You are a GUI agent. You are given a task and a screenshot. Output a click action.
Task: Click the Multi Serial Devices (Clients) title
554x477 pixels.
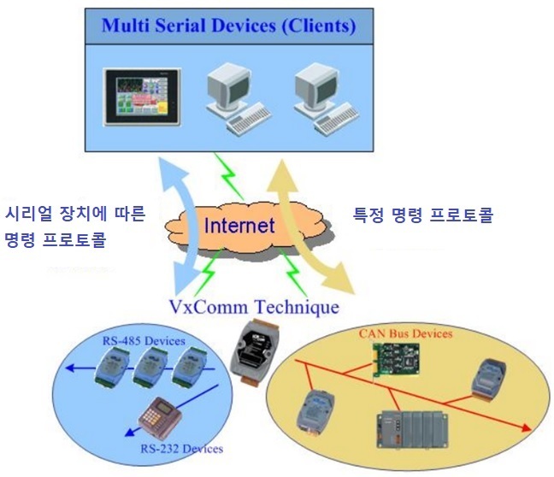click(x=228, y=26)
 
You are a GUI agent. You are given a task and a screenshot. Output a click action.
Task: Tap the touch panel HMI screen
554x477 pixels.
click(x=142, y=97)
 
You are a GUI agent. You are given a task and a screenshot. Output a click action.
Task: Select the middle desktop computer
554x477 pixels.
click(x=239, y=98)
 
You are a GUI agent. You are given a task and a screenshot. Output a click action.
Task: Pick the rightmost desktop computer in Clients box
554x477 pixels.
click(x=326, y=98)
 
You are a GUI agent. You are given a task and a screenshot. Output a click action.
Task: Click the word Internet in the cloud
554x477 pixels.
click(x=239, y=226)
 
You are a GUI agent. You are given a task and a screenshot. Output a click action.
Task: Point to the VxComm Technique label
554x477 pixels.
click(x=255, y=307)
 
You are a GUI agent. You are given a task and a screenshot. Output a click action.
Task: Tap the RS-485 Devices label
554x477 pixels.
click(x=144, y=341)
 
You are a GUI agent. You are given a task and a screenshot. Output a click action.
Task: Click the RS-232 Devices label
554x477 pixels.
click(x=181, y=449)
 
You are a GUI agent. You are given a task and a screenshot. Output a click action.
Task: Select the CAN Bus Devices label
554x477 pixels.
click(x=405, y=333)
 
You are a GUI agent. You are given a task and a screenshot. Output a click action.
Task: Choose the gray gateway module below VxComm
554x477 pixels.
click(x=255, y=351)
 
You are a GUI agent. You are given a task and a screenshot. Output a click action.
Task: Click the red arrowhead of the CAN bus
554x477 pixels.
click(x=526, y=428)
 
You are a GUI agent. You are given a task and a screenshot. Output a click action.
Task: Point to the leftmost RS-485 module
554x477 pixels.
click(x=112, y=367)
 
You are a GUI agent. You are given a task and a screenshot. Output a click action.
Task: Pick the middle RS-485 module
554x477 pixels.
click(x=150, y=367)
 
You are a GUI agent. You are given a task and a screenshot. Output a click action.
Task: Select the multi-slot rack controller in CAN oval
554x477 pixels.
click(x=411, y=429)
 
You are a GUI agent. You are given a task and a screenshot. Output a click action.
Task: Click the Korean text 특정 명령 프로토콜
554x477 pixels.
click(x=423, y=215)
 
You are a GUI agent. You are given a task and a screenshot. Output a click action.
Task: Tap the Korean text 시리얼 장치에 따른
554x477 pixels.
click(x=75, y=214)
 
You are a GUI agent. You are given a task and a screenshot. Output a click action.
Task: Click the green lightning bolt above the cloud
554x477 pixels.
click(x=229, y=176)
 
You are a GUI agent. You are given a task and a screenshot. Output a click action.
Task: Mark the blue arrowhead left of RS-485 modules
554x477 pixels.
click(x=70, y=368)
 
